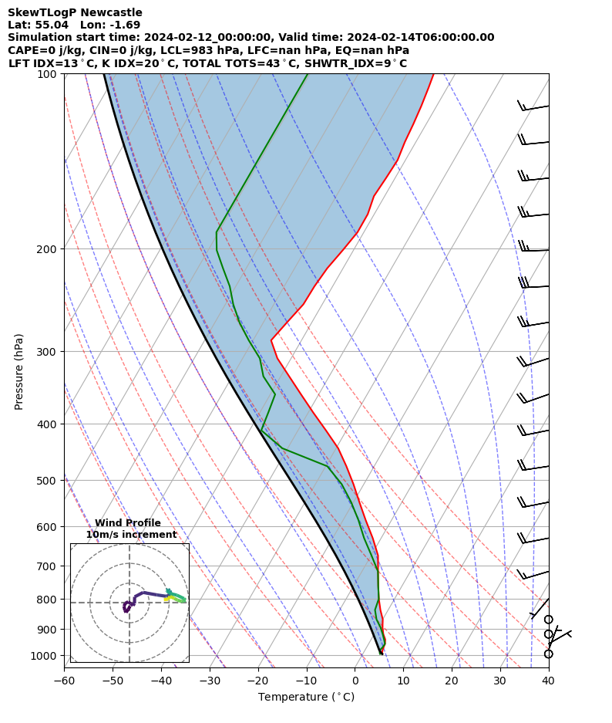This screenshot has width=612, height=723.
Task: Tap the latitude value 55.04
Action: point(49,25)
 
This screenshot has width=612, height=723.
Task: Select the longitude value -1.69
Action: point(125,25)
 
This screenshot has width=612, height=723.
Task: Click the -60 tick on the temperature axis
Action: point(64,680)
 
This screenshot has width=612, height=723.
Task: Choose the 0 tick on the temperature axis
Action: point(355,680)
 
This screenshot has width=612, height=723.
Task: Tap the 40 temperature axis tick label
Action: point(548,680)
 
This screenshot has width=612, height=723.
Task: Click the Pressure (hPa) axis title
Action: point(18,371)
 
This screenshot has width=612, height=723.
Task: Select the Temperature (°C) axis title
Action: point(306,697)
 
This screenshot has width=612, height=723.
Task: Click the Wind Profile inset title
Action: point(128,523)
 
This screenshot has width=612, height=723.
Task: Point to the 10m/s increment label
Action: point(131,535)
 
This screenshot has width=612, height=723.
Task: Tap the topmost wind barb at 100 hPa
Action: point(532,107)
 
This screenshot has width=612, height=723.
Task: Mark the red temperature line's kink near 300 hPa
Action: point(271,340)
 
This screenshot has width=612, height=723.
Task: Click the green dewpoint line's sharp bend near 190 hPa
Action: point(217,231)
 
